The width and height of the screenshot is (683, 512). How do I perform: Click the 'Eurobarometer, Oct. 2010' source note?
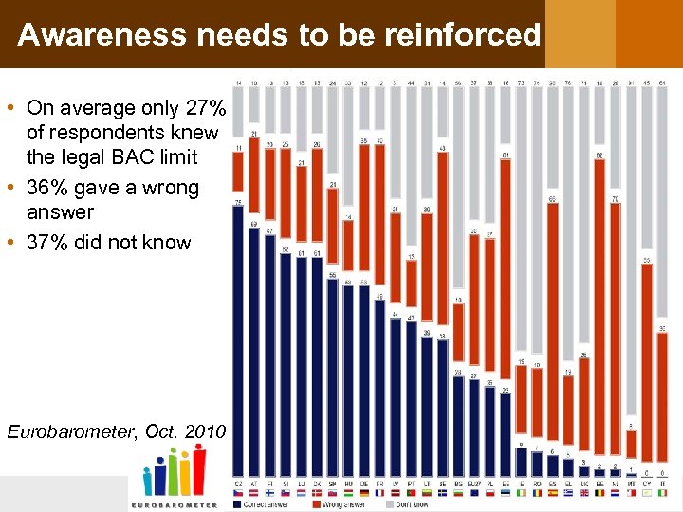click(116, 432)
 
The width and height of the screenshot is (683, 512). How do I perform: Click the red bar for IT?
click(661, 398)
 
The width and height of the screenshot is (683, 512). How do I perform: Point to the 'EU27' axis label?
click(473, 484)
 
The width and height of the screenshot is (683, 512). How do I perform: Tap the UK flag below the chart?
click(583, 493)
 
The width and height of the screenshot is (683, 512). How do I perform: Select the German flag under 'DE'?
click(363, 493)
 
